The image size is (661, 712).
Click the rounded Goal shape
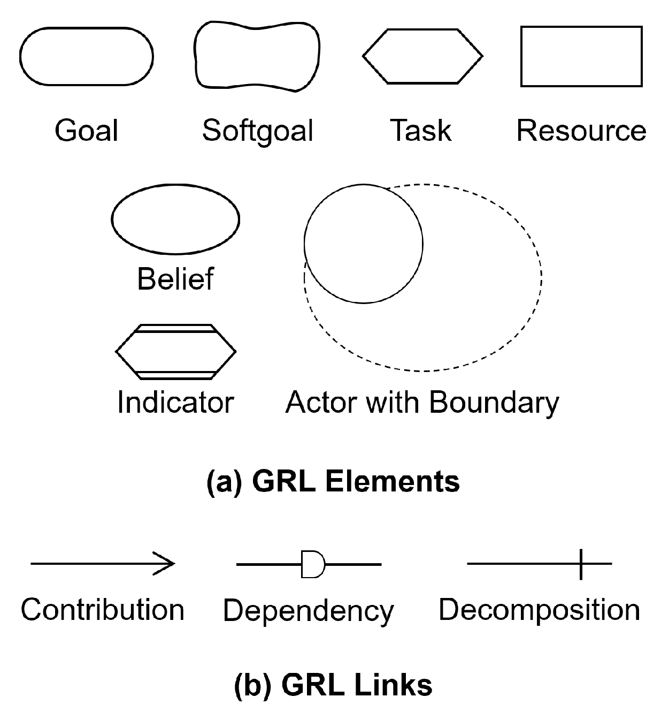click(x=87, y=56)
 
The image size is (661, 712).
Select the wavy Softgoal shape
click(x=257, y=56)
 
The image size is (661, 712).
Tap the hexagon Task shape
click(x=422, y=56)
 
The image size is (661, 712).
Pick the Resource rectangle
click(x=581, y=56)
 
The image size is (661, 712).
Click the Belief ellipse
click(x=175, y=219)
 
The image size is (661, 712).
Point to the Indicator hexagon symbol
click(x=175, y=352)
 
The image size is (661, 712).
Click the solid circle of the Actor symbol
click(x=363, y=244)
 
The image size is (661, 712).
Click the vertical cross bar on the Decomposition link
click(x=581, y=564)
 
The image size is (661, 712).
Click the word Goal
click(x=87, y=131)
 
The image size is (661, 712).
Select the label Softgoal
click(x=258, y=131)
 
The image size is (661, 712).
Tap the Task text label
click(x=421, y=131)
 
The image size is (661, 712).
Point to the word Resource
click(x=581, y=131)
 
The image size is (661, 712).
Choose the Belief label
click(x=175, y=279)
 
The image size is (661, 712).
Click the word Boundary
click(x=494, y=403)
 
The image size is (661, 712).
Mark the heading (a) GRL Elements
click(x=333, y=481)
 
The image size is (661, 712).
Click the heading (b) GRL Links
click(x=333, y=684)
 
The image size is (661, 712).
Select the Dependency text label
click(x=308, y=610)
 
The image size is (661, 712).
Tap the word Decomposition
click(x=539, y=610)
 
